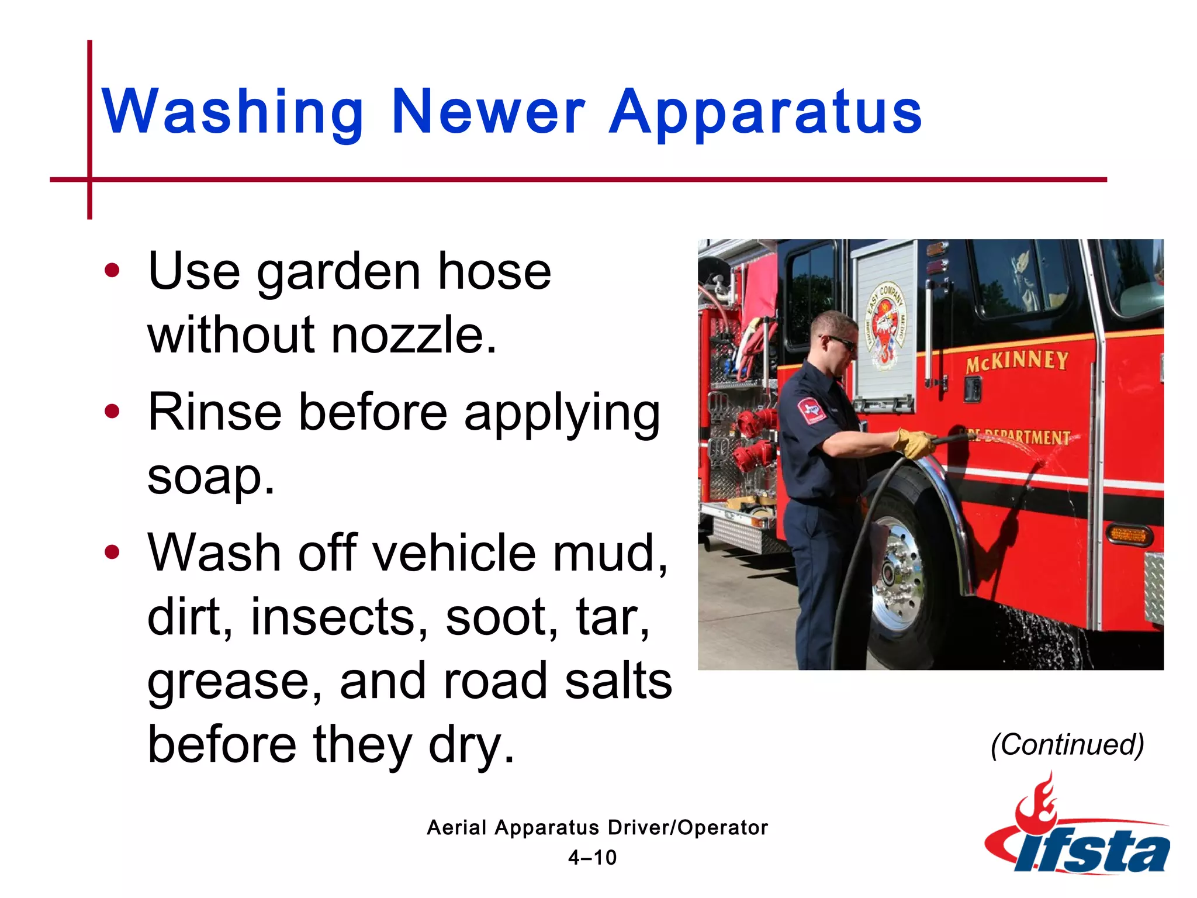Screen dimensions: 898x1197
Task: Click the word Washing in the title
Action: pos(233,112)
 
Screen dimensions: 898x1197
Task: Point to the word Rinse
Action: pos(214,412)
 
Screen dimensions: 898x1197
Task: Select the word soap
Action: pos(210,477)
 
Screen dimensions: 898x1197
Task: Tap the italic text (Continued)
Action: pos(1067,745)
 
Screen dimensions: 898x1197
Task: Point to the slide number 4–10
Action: pos(592,858)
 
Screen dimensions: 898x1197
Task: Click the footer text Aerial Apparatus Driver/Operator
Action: pos(597,828)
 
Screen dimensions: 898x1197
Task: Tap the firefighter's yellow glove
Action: pos(914,443)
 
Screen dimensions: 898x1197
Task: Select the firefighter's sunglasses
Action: pos(842,342)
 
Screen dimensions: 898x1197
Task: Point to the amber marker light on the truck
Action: pos(1127,534)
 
